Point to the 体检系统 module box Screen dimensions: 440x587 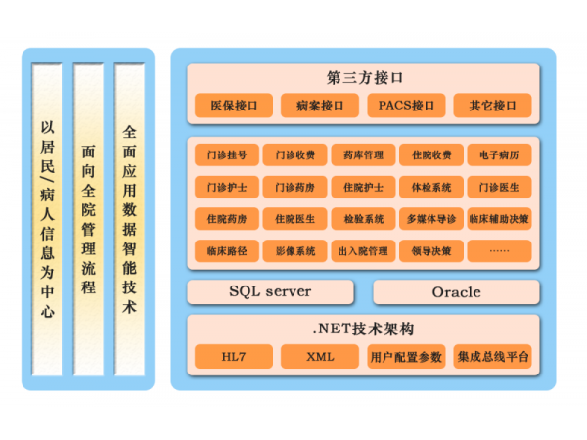(431, 186)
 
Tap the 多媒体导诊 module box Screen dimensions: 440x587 (431, 218)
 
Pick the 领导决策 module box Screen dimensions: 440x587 (431, 250)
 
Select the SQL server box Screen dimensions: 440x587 (270, 291)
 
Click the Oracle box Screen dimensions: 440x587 (456, 291)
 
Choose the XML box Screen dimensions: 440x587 (320, 357)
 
